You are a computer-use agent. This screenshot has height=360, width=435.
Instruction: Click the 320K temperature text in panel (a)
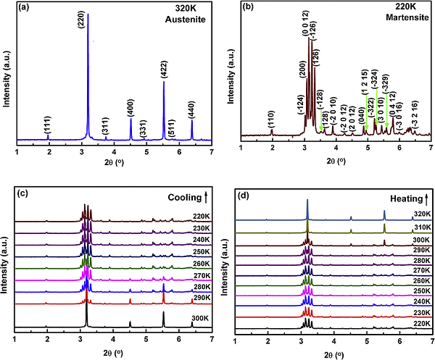(x=191, y=14)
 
